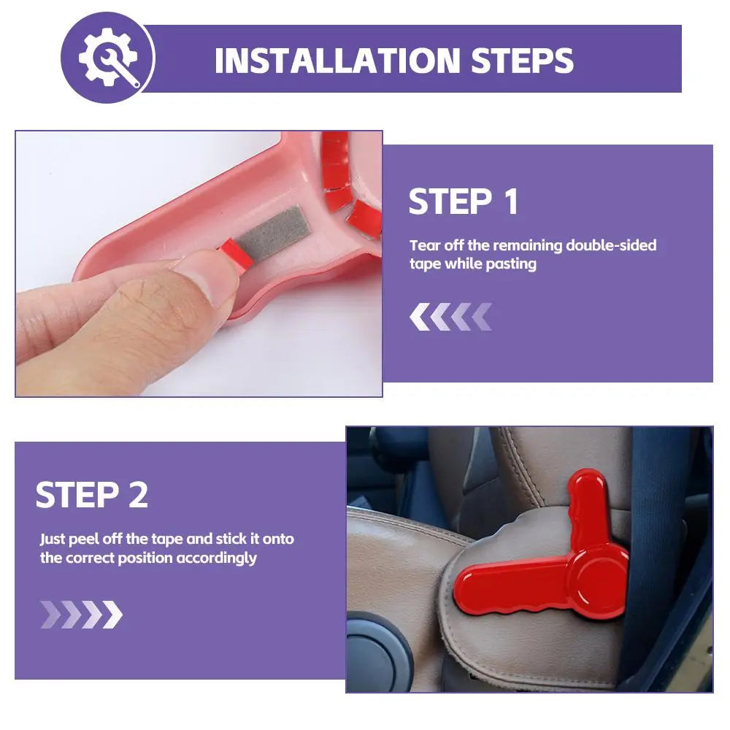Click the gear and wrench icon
click(x=109, y=57)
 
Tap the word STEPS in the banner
click(x=522, y=61)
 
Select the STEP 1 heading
click(x=464, y=201)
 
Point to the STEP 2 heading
click(x=92, y=494)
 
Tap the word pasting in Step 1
click(x=511, y=264)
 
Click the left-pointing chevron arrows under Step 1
click(x=450, y=317)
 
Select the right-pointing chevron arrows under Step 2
click(x=82, y=614)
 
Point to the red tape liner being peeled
click(x=236, y=255)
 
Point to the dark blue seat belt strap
click(x=661, y=535)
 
